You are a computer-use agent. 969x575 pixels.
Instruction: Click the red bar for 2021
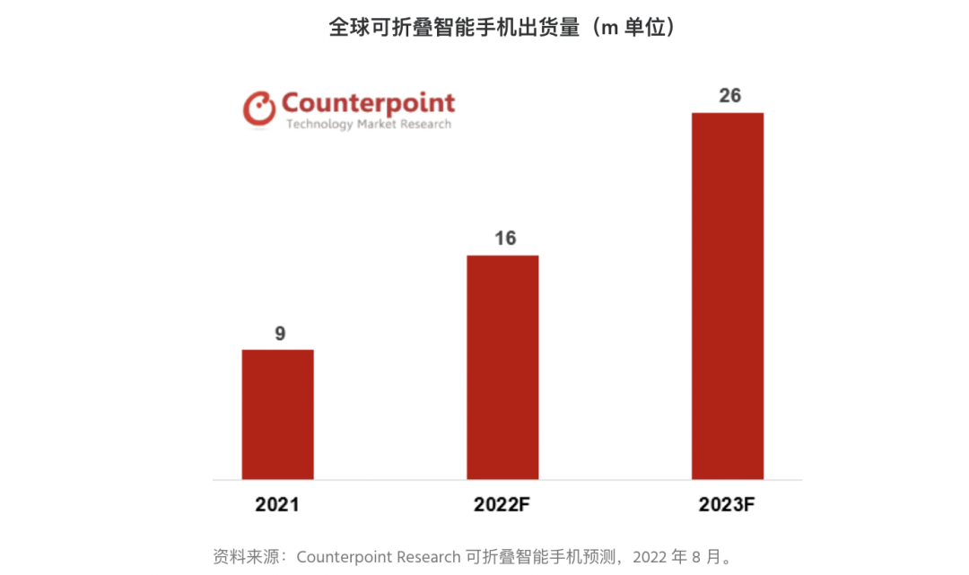tap(278, 414)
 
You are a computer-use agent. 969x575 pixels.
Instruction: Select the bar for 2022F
tap(502, 367)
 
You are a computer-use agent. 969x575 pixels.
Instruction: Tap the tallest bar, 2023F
tap(728, 295)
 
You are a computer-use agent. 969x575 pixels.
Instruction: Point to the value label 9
tap(280, 334)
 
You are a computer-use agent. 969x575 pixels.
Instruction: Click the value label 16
tap(504, 239)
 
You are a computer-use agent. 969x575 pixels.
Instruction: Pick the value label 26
tap(729, 95)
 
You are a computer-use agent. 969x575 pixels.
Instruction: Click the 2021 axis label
tap(277, 504)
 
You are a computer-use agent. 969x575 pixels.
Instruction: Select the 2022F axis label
tap(503, 504)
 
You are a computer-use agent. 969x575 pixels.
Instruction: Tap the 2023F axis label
tap(728, 504)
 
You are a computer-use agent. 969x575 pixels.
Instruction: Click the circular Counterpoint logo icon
tap(259, 108)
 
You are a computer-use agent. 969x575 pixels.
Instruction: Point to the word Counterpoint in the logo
tap(368, 102)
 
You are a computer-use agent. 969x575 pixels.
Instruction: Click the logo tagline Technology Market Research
tap(368, 124)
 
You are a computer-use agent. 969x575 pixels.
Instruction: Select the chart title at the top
tap(502, 28)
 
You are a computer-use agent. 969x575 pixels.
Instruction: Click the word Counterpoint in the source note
tap(338, 556)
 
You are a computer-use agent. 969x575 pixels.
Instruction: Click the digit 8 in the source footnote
tap(695, 556)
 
